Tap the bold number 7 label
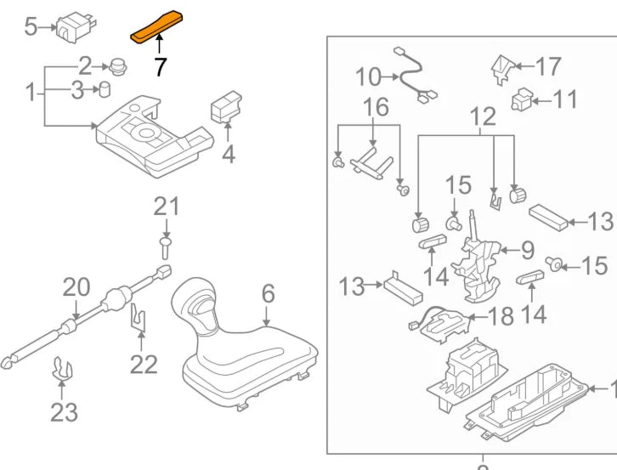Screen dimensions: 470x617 160,66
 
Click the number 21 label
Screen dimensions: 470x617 167,206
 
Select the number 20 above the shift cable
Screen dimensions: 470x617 76,287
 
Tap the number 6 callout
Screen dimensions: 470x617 268,294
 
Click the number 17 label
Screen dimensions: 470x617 549,65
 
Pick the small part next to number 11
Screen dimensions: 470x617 520,100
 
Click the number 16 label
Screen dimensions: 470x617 376,107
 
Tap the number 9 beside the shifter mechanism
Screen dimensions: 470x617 527,250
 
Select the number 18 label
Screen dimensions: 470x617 502,316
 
